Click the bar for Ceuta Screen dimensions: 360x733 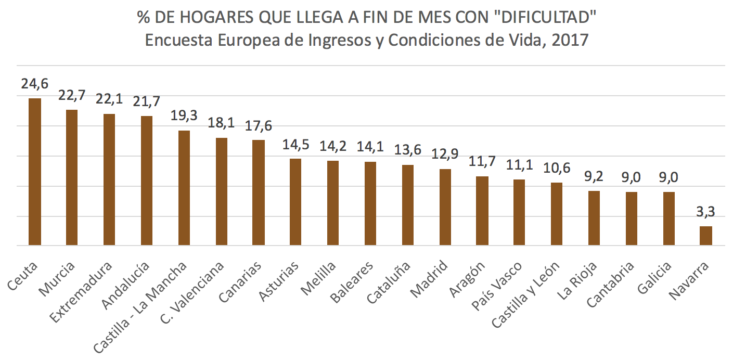[x=35, y=172]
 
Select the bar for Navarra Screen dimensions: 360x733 [x=705, y=236]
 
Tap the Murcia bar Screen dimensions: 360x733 [x=72, y=177]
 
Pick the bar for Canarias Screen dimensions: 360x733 [x=258, y=192]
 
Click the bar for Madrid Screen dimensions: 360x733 [x=445, y=207]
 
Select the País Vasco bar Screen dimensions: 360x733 [x=519, y=212]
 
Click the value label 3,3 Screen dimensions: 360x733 [x=705, y=212]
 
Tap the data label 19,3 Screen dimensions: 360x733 [x=184, y=116]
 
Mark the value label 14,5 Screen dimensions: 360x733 [x=295, y=145]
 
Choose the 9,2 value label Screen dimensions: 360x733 [x=594, y=177]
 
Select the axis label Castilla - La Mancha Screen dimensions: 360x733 [x=140, y=307]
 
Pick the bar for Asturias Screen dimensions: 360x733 [x=295, y=202]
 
